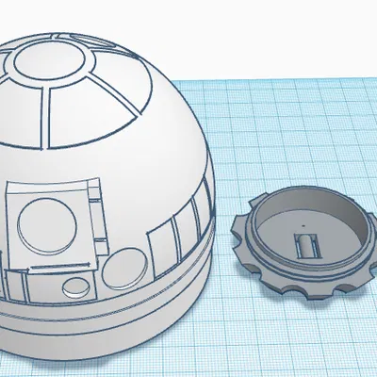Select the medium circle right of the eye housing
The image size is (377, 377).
click(117, 270)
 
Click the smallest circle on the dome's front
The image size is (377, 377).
click(74, 286)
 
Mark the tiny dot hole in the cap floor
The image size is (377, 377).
click(303, 226)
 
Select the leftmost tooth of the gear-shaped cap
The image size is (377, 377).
click(236, 226)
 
